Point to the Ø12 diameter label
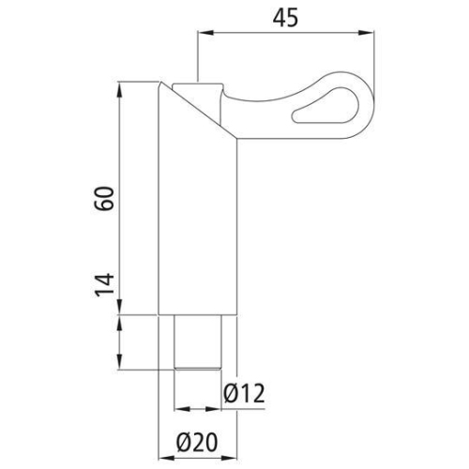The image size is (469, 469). click(244, 394)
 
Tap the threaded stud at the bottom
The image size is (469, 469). click(198, 343)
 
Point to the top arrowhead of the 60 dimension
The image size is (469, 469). click(121, 90)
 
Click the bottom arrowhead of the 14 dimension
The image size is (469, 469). click(121, 365)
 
